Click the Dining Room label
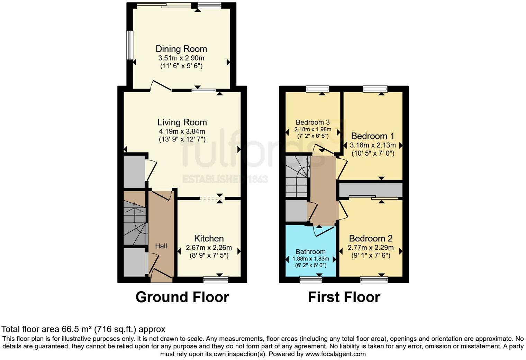click(x=181, y=49)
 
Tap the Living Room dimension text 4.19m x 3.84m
click(x=182, y=131)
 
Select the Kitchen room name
click(x=209, y=238)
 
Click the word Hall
click(x=161, y=246)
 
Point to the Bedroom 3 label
click(x=312, y=122)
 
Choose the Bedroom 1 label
click(x=372, y=136)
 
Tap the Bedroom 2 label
click(x=371, y=238)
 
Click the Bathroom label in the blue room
click(x=310, y=251)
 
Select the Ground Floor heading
click(x=182, y=297)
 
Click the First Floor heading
click(x=344, y=297)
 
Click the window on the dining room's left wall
click(x=129, y=45)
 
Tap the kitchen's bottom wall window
click(x=216, y=279)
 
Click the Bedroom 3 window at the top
click(x=318, y=89)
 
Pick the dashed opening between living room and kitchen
click(x=212, y=199)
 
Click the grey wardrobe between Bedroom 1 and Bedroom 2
click(x=371, y=190)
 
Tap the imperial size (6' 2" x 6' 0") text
click(x=310, y=266)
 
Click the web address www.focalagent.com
click(x=335, y=354)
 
